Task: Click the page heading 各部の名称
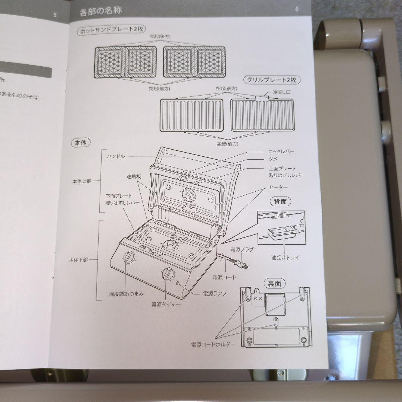pos(100,11)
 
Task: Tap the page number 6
pos(297,9)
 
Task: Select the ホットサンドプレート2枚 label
pos(112,30)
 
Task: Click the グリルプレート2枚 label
pos(271,80)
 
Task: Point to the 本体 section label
pos(80,143)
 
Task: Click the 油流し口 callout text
pos(281,92)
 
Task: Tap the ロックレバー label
pos(281,151)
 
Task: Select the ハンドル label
pos(116,156)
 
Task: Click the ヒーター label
pos(278,187)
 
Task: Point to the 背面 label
pos(281,202)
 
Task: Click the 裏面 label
pos(274,284)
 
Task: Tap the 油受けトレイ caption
pos(285,258)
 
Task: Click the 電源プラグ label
pos(242,249)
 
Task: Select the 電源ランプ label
pos(215,293)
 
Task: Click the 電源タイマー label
pos(166,304)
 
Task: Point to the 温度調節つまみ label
pos(127,294)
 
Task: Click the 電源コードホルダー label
pos(213,344)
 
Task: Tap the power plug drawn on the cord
pos(240,264)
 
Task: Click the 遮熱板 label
pos(134,177)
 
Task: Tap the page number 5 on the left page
pos(55,15)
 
